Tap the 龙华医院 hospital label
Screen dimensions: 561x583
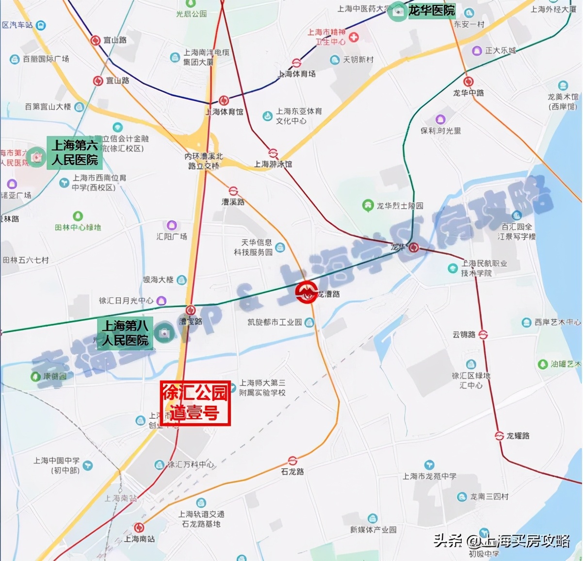[x=431, y=10]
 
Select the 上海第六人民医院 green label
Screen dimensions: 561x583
[x=75, y=152]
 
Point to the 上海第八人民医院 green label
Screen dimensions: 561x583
[x=125, y=332]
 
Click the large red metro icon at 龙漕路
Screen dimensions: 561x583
[x=306, y=292]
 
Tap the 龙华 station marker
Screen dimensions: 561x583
[x=413, y=247]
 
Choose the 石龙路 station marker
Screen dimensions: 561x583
[x=292, y=461]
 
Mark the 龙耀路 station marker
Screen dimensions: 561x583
[x=499, y=436]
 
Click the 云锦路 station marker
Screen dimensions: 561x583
[x=483, y=334]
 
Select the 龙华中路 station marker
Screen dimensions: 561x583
[x=468, y=82]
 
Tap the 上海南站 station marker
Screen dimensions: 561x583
[x=139, y=528]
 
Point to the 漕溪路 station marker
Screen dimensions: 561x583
[x=233, y=191]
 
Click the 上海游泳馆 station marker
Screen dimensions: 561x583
[x=273, y=153]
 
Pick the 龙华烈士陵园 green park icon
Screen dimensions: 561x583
[x=368, y=205]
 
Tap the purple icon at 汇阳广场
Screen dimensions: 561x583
[x=172, y=225]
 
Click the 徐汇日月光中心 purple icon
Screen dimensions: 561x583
[x=161, y=301]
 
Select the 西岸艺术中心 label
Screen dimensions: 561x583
[x=557, y=322]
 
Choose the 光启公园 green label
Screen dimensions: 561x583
[x=191, y=14]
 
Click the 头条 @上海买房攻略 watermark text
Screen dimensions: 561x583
[x=502, y=541]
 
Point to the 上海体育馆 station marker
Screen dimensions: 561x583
[x=224, y=100]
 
